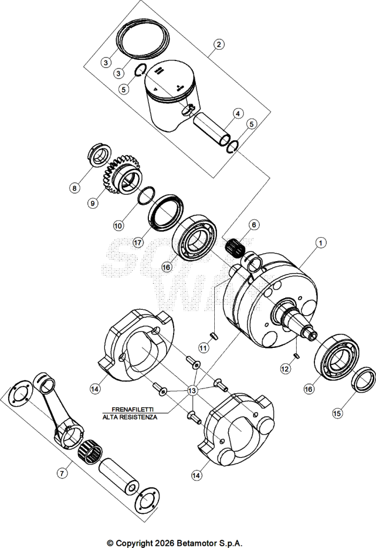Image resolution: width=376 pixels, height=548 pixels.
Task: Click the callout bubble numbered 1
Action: pyautogui.click(x=321, y=242)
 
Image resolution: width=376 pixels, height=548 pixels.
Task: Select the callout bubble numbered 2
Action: pyautogui.click(x=219, y=44)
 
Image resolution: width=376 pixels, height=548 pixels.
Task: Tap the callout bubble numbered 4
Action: pyautogui.click(x=237, y=113)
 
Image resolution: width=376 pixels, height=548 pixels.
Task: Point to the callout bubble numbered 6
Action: pyautogui.click(x=254, y=224)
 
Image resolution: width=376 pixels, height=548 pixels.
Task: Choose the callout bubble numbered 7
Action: pyautogui.click(x=62, y=473)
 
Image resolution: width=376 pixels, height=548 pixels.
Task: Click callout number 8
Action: pyautogui.click(x=74, y=188)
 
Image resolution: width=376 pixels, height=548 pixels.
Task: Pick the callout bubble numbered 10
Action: pyautogui.click(x=118, y=226)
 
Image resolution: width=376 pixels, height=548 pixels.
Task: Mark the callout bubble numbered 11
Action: pyautogui.click(x=204, y=348)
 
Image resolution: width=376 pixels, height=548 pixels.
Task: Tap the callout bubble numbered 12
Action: pyautogui.click(x=285, y=369)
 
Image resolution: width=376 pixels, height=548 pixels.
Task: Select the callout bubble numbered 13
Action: pyautogui.click(x=192, y=390)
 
